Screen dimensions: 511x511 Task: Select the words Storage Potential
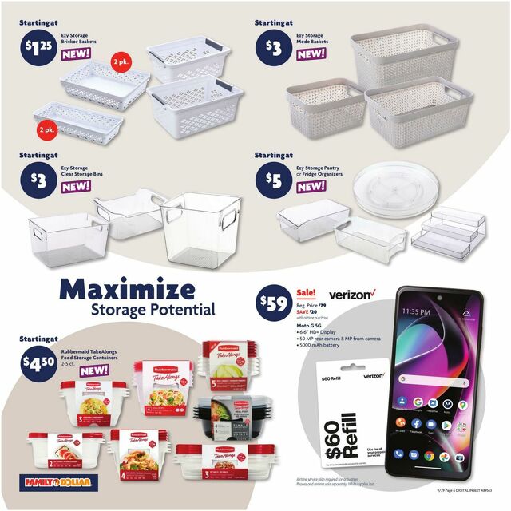coord(153,309)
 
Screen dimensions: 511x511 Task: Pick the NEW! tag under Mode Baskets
coord(311,53)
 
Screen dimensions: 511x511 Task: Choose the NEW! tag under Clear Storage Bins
coord(77,185)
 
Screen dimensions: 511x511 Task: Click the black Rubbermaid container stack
coord(228,413)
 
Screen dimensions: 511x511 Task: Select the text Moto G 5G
coord(314,331)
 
